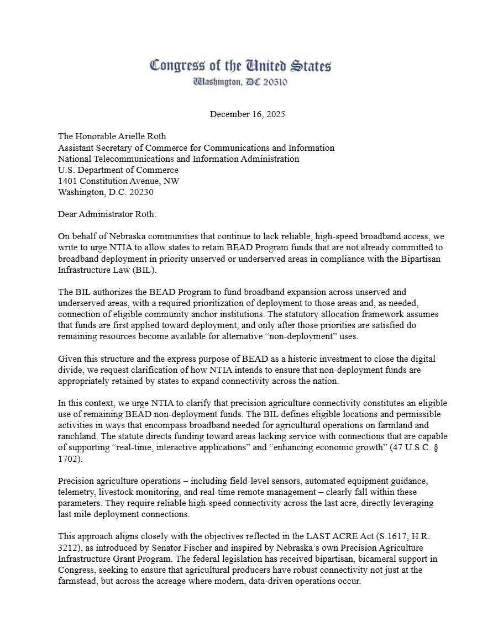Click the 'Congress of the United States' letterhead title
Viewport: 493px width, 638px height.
(240, 66)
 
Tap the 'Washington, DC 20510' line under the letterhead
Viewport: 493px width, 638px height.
(240, 82)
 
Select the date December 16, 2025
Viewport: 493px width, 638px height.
(247, 114)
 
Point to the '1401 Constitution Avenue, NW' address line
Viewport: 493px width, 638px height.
(119, 181)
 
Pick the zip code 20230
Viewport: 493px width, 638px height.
(140, 192)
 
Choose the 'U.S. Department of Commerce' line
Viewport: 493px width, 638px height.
(118, 170)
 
